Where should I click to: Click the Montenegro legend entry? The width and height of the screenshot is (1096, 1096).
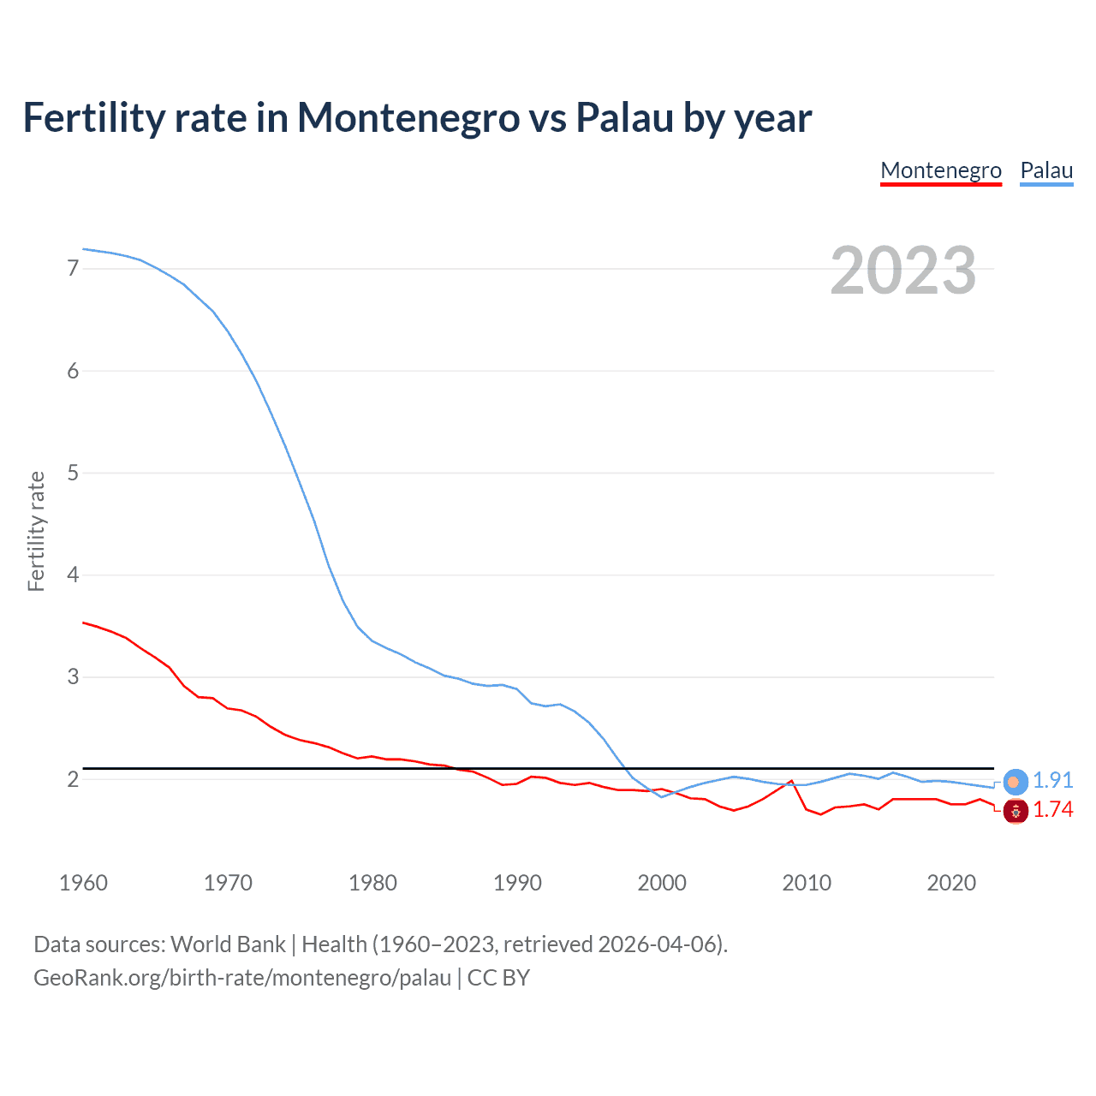click(x=941, y=170)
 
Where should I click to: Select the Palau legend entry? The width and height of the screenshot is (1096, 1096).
click(x=1046, y=170)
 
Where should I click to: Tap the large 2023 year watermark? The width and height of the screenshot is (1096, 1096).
click(x=903, y=271)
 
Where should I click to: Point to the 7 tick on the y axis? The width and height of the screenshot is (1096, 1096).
click(x=73, y=269)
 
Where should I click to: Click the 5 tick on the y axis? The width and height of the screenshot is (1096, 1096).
click(x=73, y=473)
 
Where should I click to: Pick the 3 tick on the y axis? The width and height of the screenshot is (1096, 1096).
click(x=73, y=677)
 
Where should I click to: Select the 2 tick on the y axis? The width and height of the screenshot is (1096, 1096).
click(x=73, y=779)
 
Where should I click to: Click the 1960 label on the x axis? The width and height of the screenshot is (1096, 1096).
click(x=83, y=883)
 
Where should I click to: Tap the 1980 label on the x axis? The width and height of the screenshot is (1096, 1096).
click(x=372, y=883)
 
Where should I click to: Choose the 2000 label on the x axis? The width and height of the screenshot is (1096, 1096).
click(x=662, y=883)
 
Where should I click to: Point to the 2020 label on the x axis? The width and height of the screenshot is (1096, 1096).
click(x=951, y=883)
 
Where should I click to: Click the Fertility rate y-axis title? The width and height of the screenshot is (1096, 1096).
click(x=36, y=531)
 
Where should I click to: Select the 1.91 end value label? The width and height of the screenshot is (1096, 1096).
click(x=1052, y=781)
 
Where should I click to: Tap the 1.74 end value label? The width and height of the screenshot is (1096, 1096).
click(x=1052, y=810)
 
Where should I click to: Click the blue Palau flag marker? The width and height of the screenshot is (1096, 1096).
click(x=1015, y=782)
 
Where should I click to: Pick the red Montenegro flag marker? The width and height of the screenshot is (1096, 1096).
click(x=1016, y=811)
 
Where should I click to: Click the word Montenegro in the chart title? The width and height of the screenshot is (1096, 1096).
click(x=408, y=117)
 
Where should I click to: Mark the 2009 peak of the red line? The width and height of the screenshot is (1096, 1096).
click(x=791, y=781)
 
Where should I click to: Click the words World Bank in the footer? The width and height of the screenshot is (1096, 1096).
click(x=228, y=944)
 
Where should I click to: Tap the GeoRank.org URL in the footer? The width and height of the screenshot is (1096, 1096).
click(x=242, y=978)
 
